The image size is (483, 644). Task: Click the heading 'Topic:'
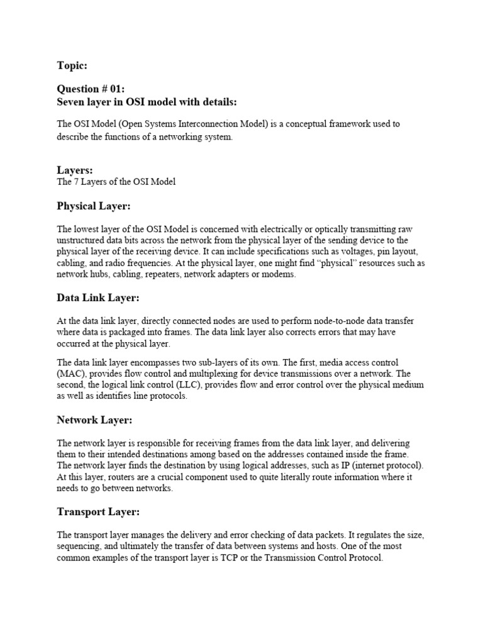(72, 66)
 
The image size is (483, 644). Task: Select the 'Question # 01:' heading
(91, 89)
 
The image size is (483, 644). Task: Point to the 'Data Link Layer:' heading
(97, 298)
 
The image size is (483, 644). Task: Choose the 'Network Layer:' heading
(95, 419)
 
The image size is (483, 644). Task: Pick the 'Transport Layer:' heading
(98, 512)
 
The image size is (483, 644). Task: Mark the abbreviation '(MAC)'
(70, 374)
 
